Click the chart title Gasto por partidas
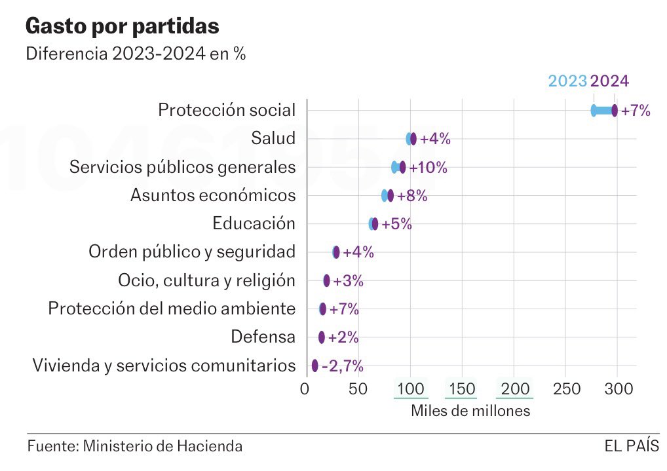point(122,26)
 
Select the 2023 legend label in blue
point(567,81)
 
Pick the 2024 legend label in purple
point(609,81)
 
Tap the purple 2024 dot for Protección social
point(615,111)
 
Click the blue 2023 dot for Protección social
point(594,111)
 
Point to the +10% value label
point(428,168)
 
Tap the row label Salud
point(273,138)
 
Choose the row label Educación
point(254,223)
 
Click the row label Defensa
point(263,337)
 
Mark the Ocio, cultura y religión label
point(206,280)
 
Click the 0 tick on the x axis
point(305,389)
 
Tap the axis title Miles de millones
point(470,411)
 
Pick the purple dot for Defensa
point(322,337)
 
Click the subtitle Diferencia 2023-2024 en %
point(136,54)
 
